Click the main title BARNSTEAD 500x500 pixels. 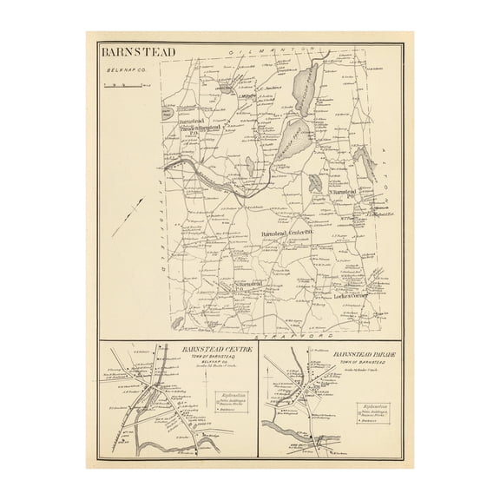pos(137,51)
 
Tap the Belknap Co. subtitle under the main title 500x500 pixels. pos(122,76)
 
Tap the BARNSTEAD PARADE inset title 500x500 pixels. pos(345,355)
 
